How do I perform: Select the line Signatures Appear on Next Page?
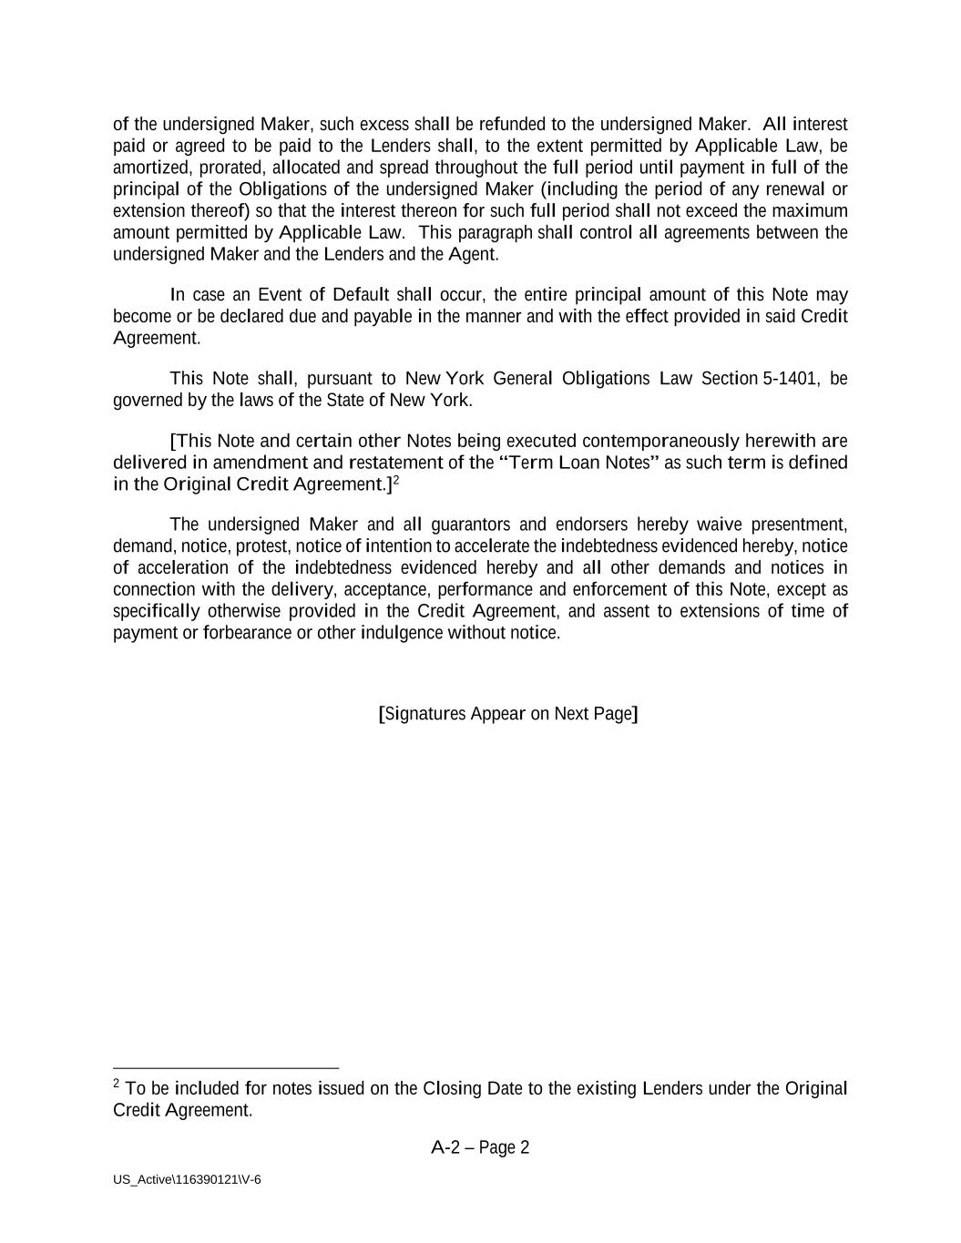(x=507, y=713)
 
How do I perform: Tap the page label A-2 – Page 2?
(x=480, y=1147)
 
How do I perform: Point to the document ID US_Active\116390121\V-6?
(x=187, y=1180)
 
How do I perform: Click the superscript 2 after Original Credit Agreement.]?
(x=396, y=479)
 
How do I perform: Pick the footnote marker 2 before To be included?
(x=117, y=1084)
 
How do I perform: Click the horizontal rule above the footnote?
(x=226, y=1068)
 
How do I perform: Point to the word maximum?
(x=811, y=211)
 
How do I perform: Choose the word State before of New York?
(x=346, y=400)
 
